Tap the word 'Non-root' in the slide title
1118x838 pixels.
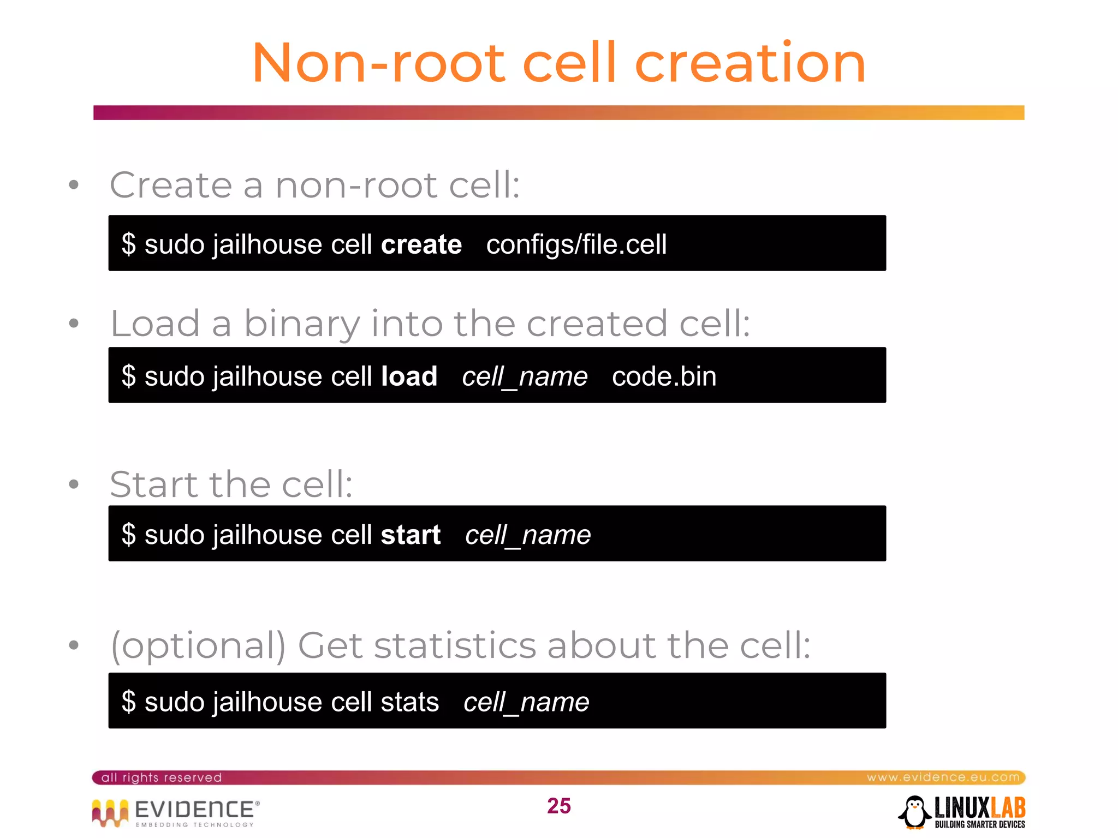click(x=378, y=64)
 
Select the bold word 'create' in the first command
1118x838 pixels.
click(x=421, y=244)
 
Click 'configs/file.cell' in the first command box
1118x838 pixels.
click(x=576, y=244)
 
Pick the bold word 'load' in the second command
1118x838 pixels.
click(x=409, y=376)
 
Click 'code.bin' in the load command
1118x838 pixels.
click(x=664, y=376)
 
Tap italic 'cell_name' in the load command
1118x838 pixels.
click(x=525, y=377)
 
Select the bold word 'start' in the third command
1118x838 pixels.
click(x=411, y=535)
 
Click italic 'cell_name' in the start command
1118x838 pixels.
click(x=528, y=535)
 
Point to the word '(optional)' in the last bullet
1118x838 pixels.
click(x=198, y=646)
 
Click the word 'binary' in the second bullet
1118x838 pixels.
click(x=302, y=324)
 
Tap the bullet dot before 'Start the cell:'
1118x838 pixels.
click(x=74, y=484)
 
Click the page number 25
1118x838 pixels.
click(x=558, y=806)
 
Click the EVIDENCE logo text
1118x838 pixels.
click(x=194, y=810)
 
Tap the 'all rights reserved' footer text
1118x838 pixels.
click(x=162, y=777)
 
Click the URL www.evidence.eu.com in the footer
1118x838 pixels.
click(x=943, y=777)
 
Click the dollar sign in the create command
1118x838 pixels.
click(x=129, y=244)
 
